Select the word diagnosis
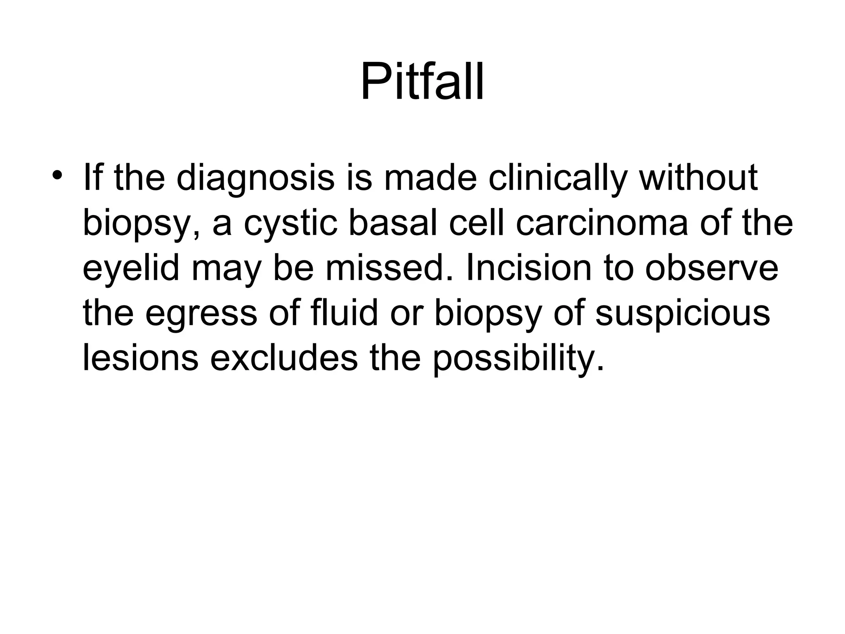[x=255, y=178]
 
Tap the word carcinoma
[x=602, y=223]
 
